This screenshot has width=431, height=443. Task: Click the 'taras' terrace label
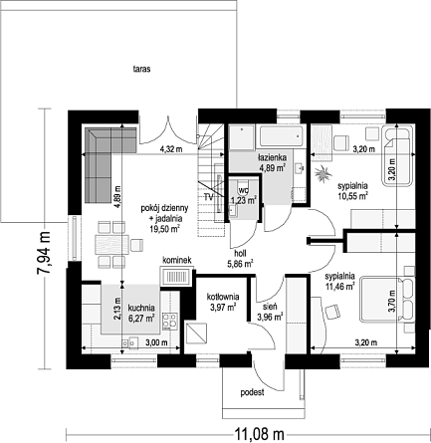click(141, 70)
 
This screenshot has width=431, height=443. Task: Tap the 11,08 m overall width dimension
click(260, 434)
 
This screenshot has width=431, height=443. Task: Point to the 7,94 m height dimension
click(44, 253)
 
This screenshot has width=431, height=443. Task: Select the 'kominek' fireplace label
click(177, 261)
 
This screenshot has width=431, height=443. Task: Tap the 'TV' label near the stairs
click(208, 197)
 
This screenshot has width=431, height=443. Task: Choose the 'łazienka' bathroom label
click(273, 158)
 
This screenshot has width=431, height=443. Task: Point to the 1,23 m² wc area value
click(244, 200)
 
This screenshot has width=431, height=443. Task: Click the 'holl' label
click(240, 254)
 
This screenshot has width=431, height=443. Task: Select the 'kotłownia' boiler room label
click(223, 297)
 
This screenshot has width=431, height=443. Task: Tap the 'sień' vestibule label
click(271, 307)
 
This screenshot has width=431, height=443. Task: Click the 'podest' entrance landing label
click(253, 392)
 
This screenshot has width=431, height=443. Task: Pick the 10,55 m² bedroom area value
click(352, 196)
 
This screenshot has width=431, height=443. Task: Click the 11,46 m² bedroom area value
click(340, 287)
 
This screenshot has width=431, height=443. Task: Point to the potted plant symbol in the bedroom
click(323, 174)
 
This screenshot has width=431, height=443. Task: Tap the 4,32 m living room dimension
click(171, 149)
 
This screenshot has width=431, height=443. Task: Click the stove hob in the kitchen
click(169, 322)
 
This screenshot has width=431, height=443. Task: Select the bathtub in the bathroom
click(281, 136)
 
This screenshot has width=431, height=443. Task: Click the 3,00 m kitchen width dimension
click(156, 342)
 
